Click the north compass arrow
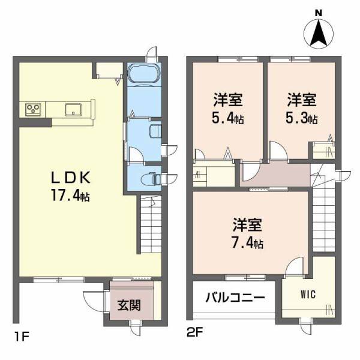319,34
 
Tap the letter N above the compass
319,13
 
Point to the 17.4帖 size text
70,195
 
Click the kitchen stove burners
33,109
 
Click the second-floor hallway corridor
276,176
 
